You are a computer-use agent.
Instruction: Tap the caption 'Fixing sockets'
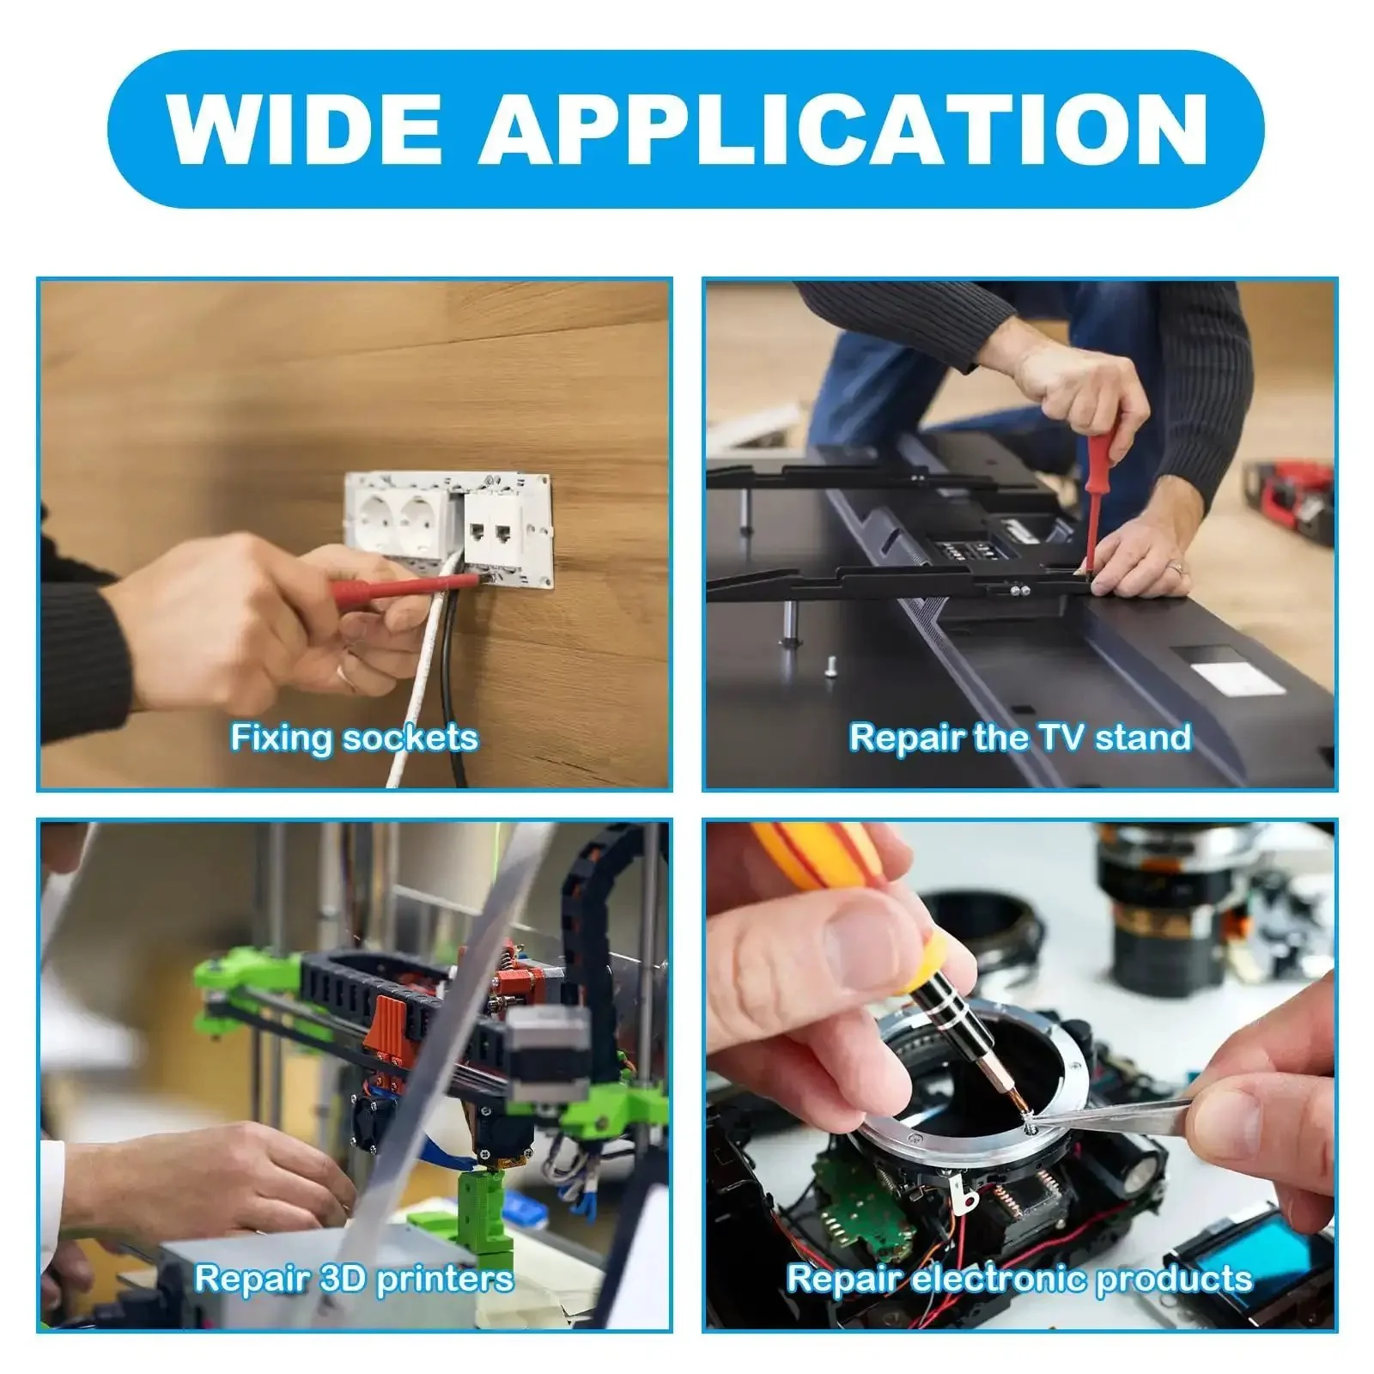coord(354,738)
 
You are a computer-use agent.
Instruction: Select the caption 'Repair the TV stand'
coord(1020,738)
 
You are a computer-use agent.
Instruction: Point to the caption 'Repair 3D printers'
coord(354,1279)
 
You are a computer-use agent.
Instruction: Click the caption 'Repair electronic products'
coord(1020,1279)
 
